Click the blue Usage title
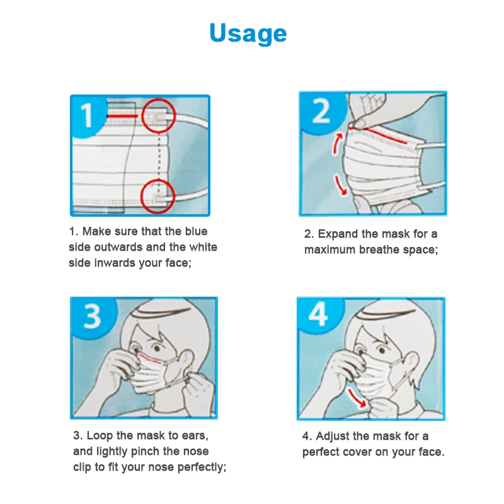[x=248, y=33]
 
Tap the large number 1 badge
[x=86, y=115]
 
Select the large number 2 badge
[x=321, y=110]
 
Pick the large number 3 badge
[x=93, y=316]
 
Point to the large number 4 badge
[x=318, y=314]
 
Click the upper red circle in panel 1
[x=142, y=115]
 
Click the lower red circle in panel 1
[x=141, y=196]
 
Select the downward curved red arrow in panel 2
[x=340, y=185]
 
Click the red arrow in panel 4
[x=356, y=399]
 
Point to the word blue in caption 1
[x=196, y=231]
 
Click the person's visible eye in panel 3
[x=157, y=348]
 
